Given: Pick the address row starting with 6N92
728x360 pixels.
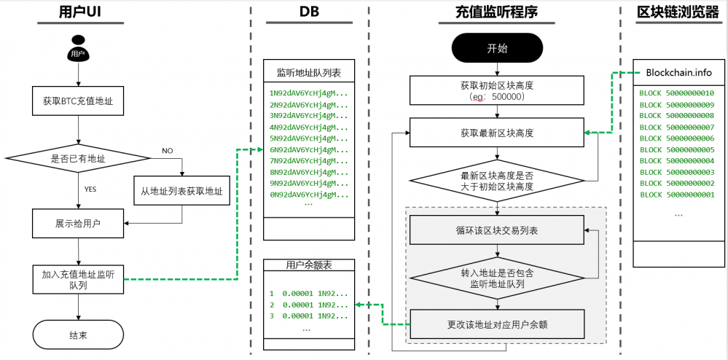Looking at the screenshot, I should coord(308,149).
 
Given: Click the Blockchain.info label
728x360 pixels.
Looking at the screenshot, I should coord(678,72).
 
